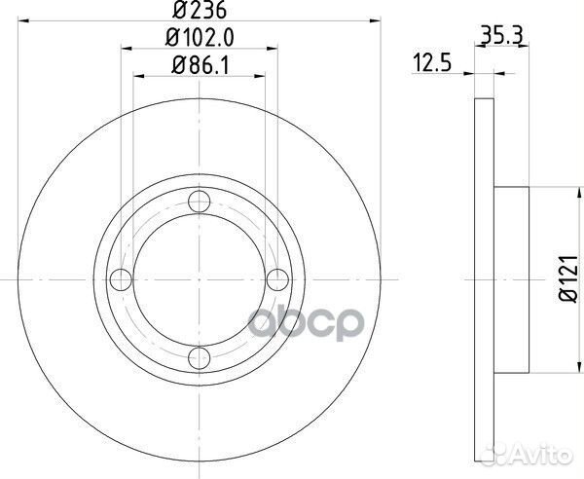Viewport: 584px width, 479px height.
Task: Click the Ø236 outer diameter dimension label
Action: point(199,14)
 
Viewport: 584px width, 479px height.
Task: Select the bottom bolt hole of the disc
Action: point(199,355)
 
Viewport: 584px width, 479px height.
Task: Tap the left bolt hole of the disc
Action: point(123,279)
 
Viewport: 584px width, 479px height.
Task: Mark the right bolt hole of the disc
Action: point(275,279)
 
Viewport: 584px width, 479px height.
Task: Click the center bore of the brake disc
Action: point(199,279)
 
